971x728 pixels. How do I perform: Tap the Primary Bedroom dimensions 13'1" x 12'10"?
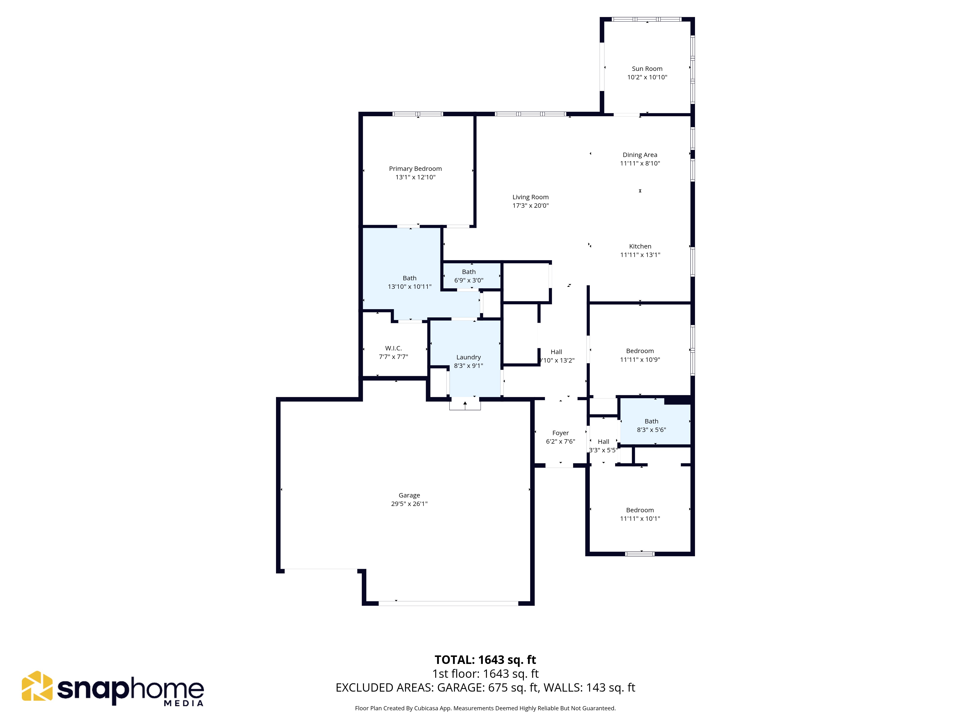(415, 177)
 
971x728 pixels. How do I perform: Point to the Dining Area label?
(640, 155)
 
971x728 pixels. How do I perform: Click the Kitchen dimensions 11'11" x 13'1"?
(640, 255)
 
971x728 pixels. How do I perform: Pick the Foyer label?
(560, 433)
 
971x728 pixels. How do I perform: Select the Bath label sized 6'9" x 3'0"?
(469, 272)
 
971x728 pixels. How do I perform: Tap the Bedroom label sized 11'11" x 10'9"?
(640, 351)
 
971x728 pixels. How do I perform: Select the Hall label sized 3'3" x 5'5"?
(603, 442)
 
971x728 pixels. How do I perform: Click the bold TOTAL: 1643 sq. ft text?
(485, 660)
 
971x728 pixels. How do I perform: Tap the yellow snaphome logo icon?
(37, 686)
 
